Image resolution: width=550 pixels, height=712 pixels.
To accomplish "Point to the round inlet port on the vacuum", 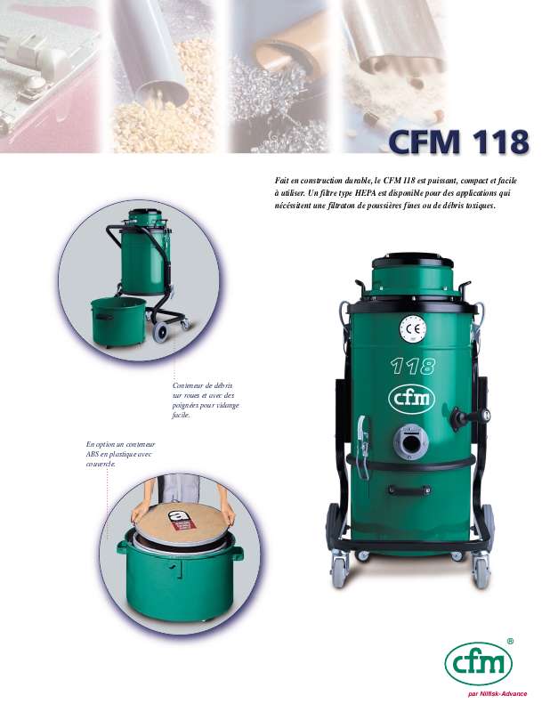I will click(411, 441).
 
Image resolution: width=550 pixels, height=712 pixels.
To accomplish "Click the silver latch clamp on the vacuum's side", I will click(361, 436).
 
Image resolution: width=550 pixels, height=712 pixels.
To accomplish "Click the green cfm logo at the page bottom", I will click(478, 663).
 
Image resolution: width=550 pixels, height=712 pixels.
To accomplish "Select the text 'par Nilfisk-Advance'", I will click(497, 693).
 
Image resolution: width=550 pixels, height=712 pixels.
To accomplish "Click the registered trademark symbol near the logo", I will click(510, 641).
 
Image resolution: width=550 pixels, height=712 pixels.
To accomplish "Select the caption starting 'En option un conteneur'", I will click(114, 453).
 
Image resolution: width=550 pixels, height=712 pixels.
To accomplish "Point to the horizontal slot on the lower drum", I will click(410, 489).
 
